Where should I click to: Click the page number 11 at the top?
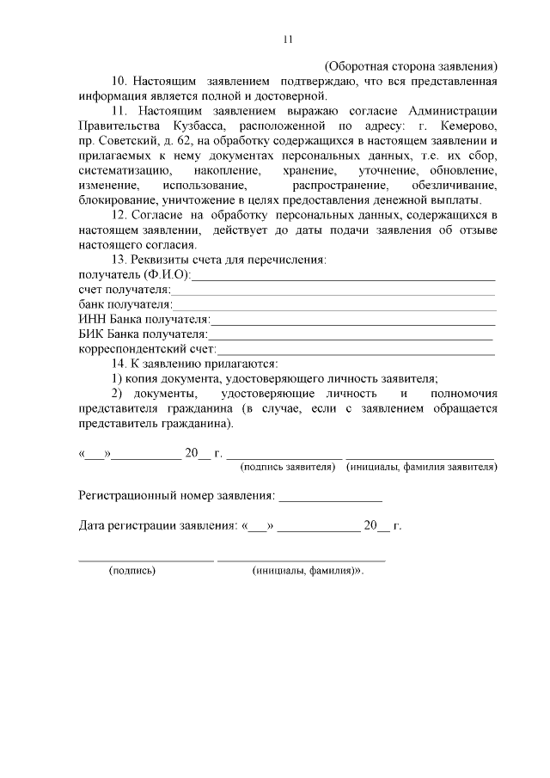288,39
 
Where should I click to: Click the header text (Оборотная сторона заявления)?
411,65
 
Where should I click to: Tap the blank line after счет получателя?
332,291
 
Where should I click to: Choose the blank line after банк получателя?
334,306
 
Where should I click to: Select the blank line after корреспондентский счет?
356,350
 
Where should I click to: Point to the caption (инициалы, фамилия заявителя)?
421,467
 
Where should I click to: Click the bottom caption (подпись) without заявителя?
131,570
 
